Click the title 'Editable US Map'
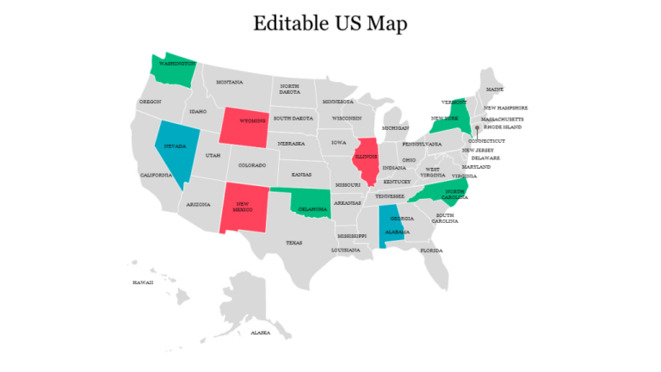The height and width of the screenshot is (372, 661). click(330, 24)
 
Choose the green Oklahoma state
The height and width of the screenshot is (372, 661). click(312, 205)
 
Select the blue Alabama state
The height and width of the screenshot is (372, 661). click(390, 226)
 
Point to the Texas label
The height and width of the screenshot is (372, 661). click(294, 243)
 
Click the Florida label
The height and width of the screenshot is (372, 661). click(431, 251)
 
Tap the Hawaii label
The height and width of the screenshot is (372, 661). click(142, 282)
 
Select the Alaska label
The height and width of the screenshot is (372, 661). click(259, 332)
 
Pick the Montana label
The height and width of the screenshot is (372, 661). click(229, 83)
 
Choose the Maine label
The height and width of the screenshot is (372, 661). click(495, 89)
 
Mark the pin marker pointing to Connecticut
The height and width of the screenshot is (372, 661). click(477, 129)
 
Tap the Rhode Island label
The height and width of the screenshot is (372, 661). click(503, 127)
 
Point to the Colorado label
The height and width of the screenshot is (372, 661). click(252, 164)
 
